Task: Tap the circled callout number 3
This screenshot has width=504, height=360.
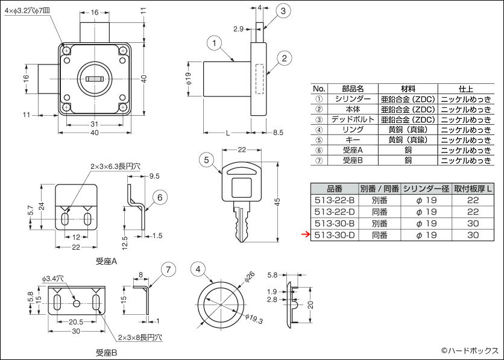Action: point(285,11)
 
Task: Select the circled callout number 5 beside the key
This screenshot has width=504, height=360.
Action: point(207,160)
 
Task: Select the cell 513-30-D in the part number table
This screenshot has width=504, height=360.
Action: point(334,235)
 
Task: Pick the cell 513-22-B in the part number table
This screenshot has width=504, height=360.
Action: point(334,199)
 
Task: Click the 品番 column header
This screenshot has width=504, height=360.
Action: point(334,188)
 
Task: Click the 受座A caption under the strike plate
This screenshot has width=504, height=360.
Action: point(106,261)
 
